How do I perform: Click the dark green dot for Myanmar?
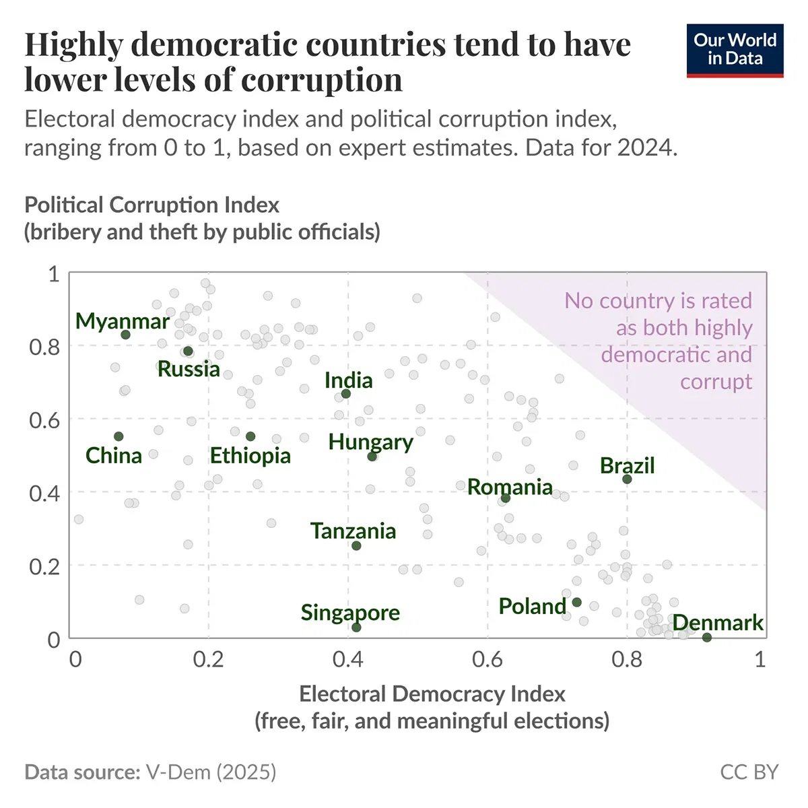coord(125,335)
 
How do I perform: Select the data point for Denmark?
coord(706,637)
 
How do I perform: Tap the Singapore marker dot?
coord(356,628)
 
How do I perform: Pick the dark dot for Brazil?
coord(627,479)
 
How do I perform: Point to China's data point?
coord(119,436)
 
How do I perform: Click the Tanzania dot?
coord(356,545)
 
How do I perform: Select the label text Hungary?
coord(370,442)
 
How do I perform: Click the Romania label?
coord(510,487)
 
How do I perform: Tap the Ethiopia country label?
coord(250,456)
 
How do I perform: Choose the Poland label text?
coord(532,606)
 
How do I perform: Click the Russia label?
coord(189,369)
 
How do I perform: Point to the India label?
coord(348,380)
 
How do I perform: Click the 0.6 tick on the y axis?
coord(44,419)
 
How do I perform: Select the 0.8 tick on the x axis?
coord(626,659)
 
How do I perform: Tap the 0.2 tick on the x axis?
coord(208,659)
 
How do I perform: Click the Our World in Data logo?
coord(735,50)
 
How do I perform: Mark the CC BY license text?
coord(749,772)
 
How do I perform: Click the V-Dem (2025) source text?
coord(211,772)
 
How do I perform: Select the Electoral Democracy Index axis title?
coord(432,694)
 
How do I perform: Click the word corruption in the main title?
coord(321,80)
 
